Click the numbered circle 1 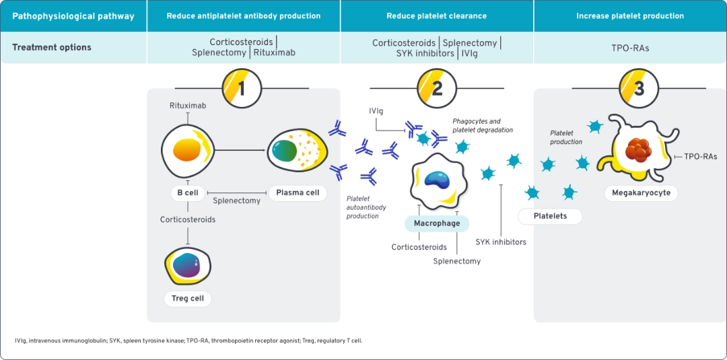[x=242, y=88]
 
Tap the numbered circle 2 [x=437, y=88]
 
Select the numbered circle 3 [x=639, y=88]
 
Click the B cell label [x=188, y=193]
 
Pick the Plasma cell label [x=298, y=193]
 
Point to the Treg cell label [x=188, y=298]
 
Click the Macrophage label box [x=437, y=223]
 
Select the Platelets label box [x=550, y=216]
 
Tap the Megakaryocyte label [x=641, y=193]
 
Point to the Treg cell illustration [x=188, y=265]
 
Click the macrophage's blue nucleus [x=437, y=178]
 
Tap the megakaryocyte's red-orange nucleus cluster [x=637, y=149]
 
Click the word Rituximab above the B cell [x=188, y=106]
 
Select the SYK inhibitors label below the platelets [x=501, y=242]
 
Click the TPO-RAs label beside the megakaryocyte [x=700, y=157]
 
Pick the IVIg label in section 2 [x=376, y=110]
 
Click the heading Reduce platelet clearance [x=436, y=15]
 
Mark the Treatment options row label [x=52, y=48]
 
